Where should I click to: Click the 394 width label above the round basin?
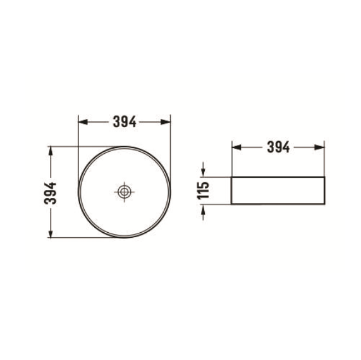125,121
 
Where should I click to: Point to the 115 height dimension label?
204,190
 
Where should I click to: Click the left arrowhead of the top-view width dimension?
81,121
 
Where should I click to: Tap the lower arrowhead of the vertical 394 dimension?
51,234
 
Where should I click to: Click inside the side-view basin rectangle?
278,190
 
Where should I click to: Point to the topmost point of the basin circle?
125,147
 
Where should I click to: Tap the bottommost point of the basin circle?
125,238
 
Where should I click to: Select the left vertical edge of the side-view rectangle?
231,190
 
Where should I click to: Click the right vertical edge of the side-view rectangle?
326,190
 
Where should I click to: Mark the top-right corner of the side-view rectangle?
326,177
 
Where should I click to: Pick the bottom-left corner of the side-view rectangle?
231,204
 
